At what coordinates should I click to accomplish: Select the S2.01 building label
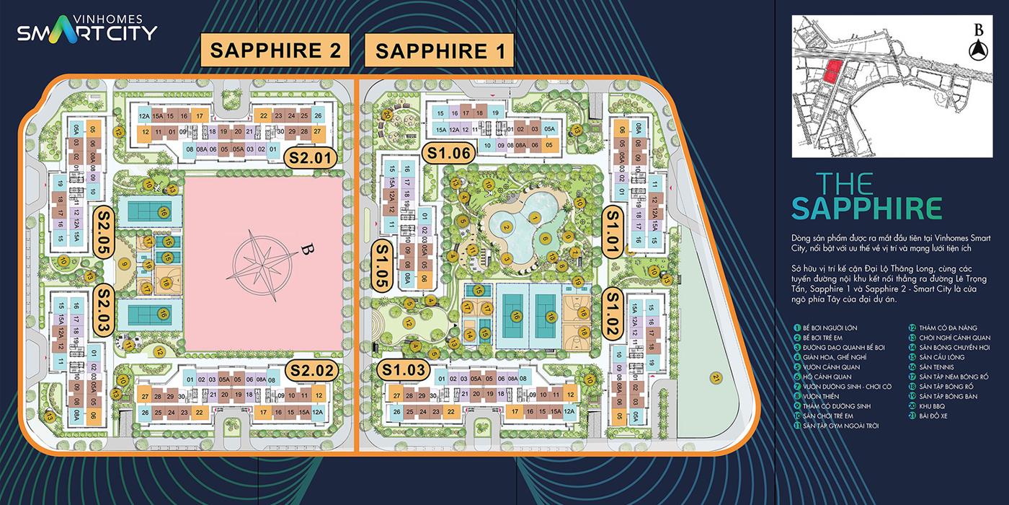point(310,157)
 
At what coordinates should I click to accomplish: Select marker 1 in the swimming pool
point(535,216)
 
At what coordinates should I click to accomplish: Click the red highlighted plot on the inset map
point(832,71)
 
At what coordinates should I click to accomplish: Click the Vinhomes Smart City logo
point(86,30)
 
